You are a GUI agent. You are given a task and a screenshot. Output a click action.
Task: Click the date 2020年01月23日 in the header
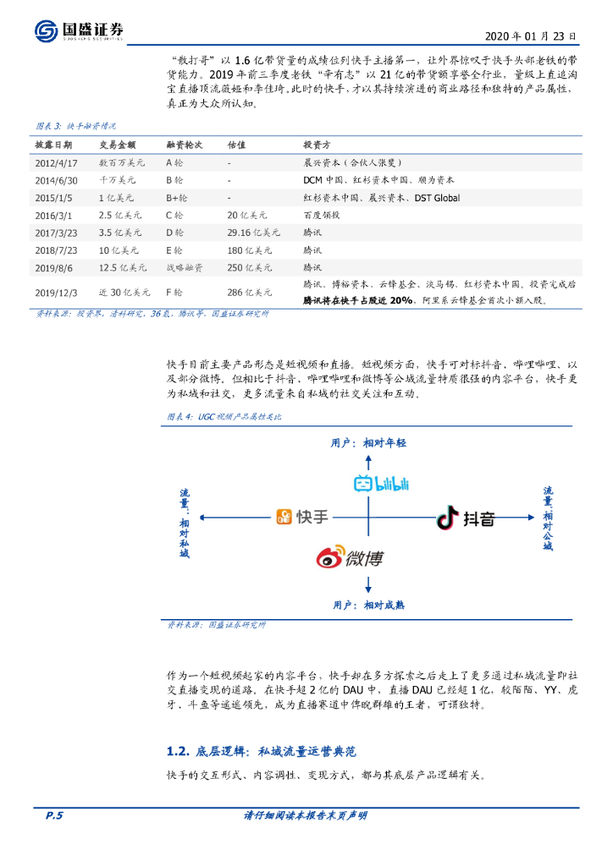pyautogui.click(x=531, y=37)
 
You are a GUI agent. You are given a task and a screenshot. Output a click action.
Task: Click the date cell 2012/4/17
pyautogui.click(x=56, y=162)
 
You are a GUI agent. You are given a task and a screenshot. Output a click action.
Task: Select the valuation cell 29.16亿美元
pyautogui.click(x=253, y=233)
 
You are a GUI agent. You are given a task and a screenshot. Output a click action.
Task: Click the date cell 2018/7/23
pyautogui.click(x=56, y=250)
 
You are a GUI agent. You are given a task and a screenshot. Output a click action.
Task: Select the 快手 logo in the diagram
pyautogui.click(x=302, y=517)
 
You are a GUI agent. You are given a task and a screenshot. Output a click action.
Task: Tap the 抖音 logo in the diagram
pyautogui.click(x=466, y=518)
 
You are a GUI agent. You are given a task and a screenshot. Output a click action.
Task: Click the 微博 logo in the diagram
pyautogui.click(x=350, y=557)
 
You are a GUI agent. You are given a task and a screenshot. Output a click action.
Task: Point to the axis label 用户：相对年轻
pyautogui.click(x=368, y=442)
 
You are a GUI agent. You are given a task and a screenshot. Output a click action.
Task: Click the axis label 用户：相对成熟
pyautogui.click(x=368, y=605)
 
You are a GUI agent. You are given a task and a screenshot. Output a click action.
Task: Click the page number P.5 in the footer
pyautogui.click(x=54, y=815)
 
